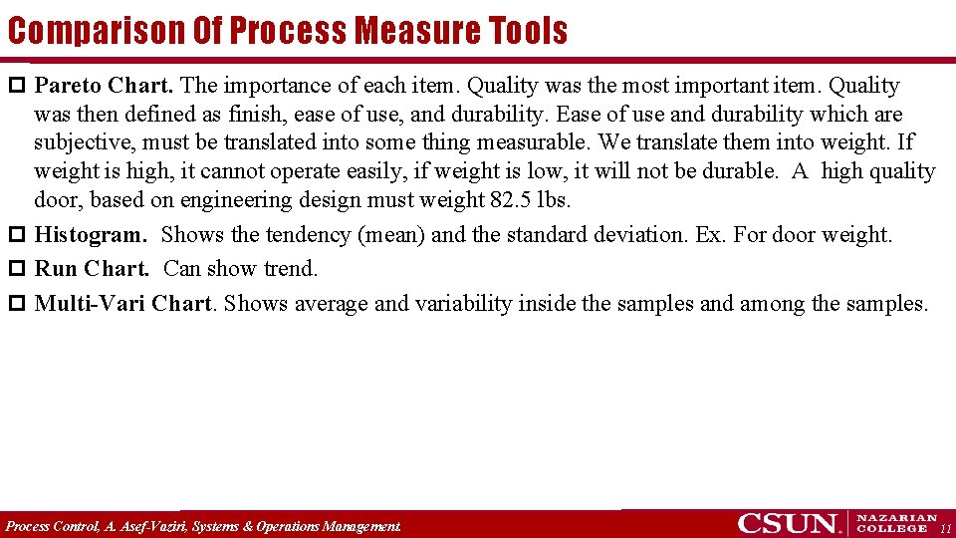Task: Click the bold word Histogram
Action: [x=91, y=236]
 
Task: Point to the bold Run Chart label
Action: [x=92, y=269]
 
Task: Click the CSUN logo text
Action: [x=788, y=523]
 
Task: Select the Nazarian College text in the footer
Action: [x=896, y=523]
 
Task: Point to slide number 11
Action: [x=946, y=527]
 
